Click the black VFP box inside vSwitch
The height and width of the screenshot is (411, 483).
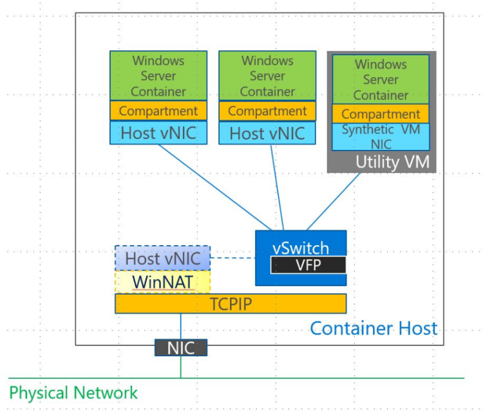click(308, 265)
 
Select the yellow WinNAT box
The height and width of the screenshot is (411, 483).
click(162, 282)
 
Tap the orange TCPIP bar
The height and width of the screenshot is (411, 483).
click(231, 304)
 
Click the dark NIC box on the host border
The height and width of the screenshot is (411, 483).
click(180, 348)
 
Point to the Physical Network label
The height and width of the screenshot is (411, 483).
click(73, 392)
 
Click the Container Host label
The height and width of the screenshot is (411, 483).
click(374, 328)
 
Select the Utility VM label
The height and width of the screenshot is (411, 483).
click(392, 162)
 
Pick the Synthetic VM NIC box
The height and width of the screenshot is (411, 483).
click(381, 137)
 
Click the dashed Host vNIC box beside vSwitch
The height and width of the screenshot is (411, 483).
click(162, 259)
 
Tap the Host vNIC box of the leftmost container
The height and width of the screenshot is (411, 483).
click(158, 133)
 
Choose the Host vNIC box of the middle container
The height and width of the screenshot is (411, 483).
click(267, 133)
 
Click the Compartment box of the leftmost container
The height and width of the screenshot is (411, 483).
click(158, 111)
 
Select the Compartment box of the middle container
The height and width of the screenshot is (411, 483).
click(267, 111)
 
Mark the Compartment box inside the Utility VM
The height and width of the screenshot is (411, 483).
click(381, 114)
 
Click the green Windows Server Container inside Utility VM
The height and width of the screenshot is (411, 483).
click(381, 80)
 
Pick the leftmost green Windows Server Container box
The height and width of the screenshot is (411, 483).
click(158, 76)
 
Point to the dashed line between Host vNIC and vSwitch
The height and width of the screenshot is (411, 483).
click(232, 259)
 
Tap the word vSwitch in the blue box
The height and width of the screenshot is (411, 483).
click(301, 248)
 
